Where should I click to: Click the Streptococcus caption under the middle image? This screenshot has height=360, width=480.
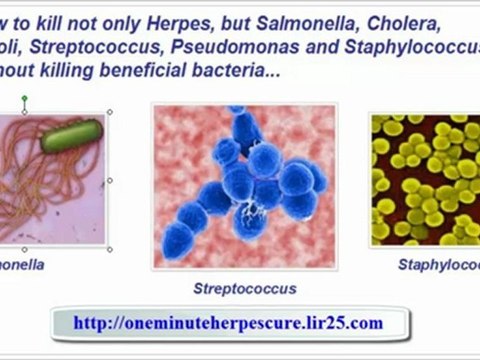(x=245, y=288)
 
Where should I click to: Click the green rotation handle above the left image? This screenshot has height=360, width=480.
(x=24, y=99)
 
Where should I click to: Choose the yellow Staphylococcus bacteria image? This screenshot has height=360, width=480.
(x=425, y=180)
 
